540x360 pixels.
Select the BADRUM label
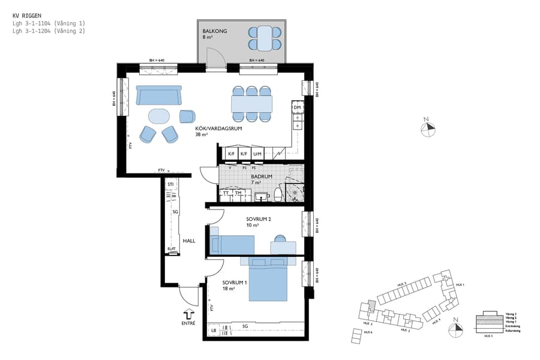pyautogui.click(x=262, y=176)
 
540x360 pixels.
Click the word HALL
pyautogui.click(x=189, y=241)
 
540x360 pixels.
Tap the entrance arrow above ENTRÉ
pyautogui.click(x=188, y=314)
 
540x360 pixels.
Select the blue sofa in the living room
pyautogui.click(x=158, y=95)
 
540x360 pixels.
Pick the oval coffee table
pyautogui.click(x=159, y=115)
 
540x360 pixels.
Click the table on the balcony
pyautogui.click(x=265, y=38)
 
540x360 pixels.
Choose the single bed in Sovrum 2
pyautogui.click(x=232, y=245)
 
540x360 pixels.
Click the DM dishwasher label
pyautogui.click(x=297, y=107)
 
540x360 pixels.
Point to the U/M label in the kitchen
pyautogui.click(x=257, y=154)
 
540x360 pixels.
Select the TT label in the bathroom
pyautogui.click(x=226, y=193)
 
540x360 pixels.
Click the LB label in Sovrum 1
pyautogui.click(x=213, y=331)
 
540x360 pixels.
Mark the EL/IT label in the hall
pyautogui.click(x=172, y=249)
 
